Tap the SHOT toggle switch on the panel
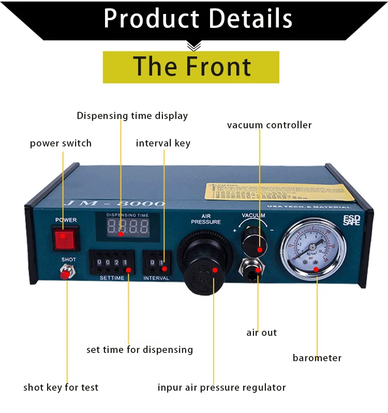point(66,272)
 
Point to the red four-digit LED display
point(127,226)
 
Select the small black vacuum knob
point(256,241)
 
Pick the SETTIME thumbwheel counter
point(111,262)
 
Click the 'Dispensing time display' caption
point(132,116)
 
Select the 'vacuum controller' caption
point(269,125)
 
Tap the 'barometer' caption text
point(317,358)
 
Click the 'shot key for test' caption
point(61,387)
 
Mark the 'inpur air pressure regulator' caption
point(221,387)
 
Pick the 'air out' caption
point(261,333)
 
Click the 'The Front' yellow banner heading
point(191,67)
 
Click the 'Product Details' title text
point(198,19)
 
